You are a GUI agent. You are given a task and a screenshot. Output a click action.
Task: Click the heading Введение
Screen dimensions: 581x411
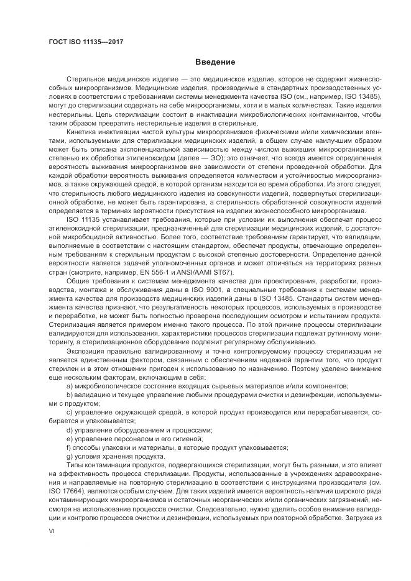pos(215,63)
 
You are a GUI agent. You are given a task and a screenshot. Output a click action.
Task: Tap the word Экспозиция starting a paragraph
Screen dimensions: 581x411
pos(85,350)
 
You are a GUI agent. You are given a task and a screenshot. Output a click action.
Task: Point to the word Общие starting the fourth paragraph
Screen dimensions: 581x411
pos(77,281)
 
